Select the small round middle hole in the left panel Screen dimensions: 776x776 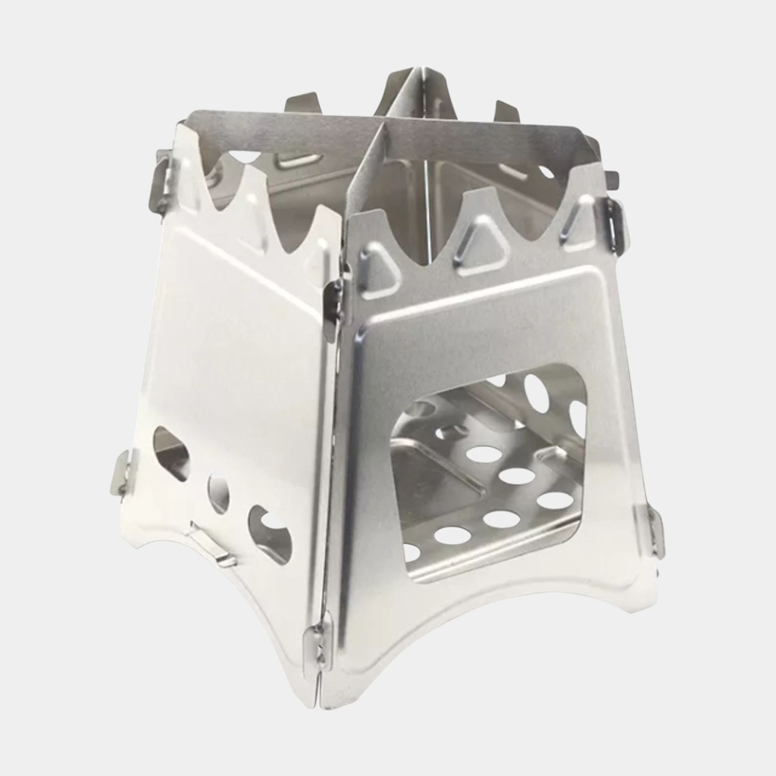coord(218,493)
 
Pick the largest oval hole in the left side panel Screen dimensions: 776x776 coord(269,534)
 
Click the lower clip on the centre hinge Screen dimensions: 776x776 coord(318,643)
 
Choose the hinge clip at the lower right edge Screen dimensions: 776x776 coord(653,530)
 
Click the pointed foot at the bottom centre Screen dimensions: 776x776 coord(322,693)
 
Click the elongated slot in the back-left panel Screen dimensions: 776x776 coord(298,161)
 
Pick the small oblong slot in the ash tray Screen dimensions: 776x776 coord(452,432)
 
